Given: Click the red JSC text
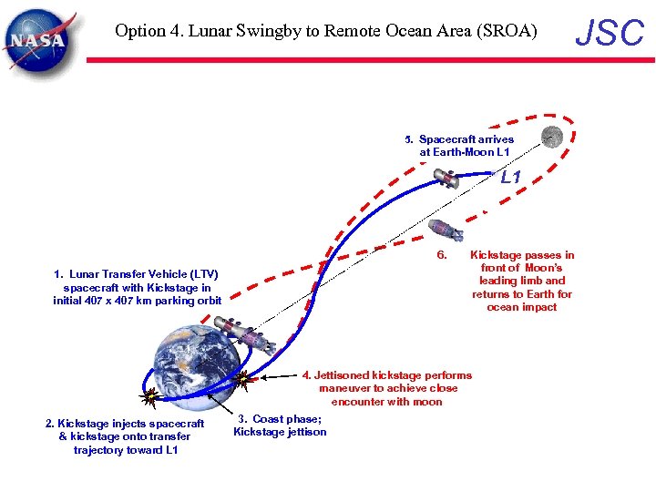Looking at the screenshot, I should click(610, 33).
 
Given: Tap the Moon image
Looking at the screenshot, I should click(552, 138).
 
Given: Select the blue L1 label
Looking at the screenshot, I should click(510, 178).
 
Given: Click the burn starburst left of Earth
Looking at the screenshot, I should click(151, 395).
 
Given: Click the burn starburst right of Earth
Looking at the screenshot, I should click(242, 378).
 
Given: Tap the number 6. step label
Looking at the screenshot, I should click(441, 255).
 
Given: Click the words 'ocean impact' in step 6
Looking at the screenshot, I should click(522, 307).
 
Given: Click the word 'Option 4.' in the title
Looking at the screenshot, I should click(145, 31).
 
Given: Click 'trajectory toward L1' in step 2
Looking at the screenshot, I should click(126, 450).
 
